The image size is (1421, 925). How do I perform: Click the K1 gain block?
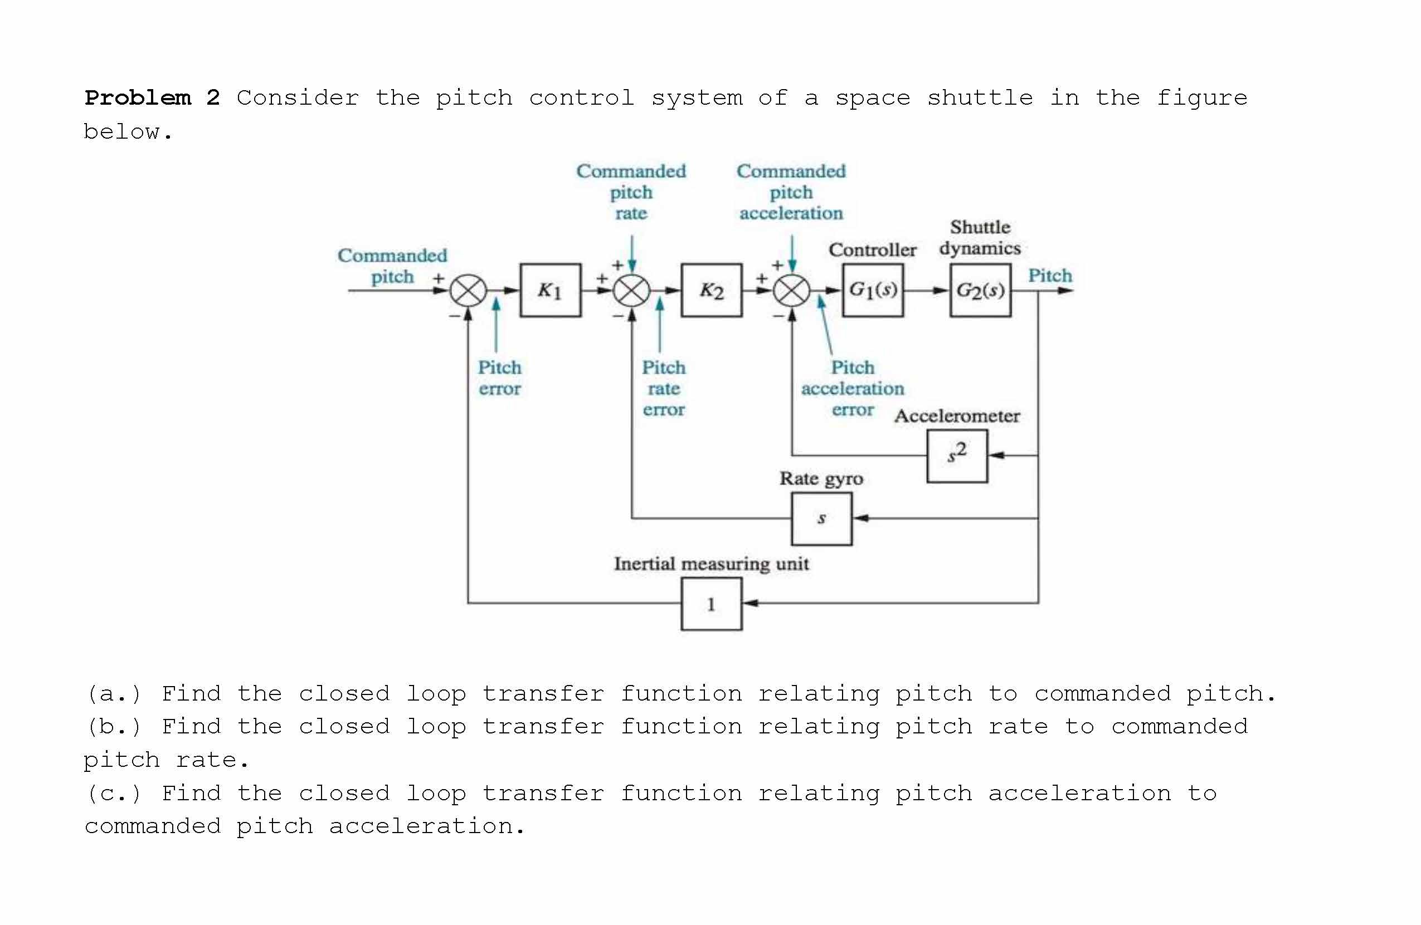550,290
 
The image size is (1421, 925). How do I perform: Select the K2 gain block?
711,290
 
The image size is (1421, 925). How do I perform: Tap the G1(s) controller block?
872,290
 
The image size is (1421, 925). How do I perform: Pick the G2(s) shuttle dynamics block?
980,290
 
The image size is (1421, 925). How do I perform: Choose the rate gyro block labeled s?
821,518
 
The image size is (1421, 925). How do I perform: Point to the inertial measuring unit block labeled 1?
711,603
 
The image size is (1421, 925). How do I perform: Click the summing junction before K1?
468,291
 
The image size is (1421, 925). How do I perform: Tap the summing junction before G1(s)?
792,291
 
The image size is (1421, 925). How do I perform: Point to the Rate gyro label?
821,478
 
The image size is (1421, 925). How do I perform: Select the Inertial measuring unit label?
711,564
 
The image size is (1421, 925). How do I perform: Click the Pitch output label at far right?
1050,276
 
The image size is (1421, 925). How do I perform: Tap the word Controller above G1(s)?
872,250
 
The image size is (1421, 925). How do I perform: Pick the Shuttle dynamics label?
980,238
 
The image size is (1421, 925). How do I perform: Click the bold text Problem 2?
152,98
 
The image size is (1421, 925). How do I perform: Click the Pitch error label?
499,378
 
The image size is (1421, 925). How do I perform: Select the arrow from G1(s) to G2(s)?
926,291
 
